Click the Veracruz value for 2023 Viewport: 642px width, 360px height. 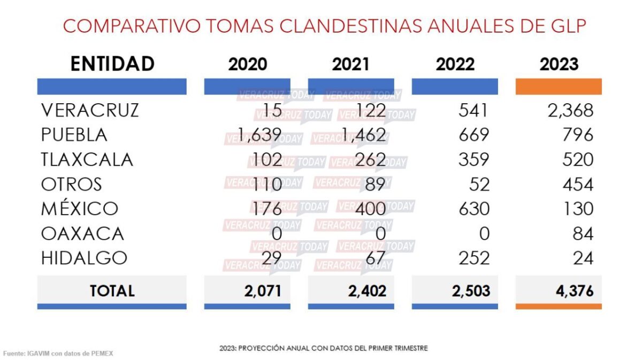tap(570, 110)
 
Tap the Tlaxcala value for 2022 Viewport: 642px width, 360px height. tap(474, 159)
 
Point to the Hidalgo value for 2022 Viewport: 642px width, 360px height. tap(474, 258)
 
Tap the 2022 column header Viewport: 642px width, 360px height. tap(455, 64)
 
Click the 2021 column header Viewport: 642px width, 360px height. tap(351, 64)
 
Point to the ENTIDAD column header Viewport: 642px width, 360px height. tap(112, 64)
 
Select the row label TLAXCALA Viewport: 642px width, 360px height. tap(87, 159)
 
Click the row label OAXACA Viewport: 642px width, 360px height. tap(82, 233)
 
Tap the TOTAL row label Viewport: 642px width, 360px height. tap(112, 291)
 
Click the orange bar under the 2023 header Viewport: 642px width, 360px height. tap(559, 87)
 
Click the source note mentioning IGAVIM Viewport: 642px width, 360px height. tap(58, 354)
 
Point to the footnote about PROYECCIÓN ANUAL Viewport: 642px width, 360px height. tap(323, 348)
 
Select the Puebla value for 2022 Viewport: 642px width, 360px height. tap(474, 135)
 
